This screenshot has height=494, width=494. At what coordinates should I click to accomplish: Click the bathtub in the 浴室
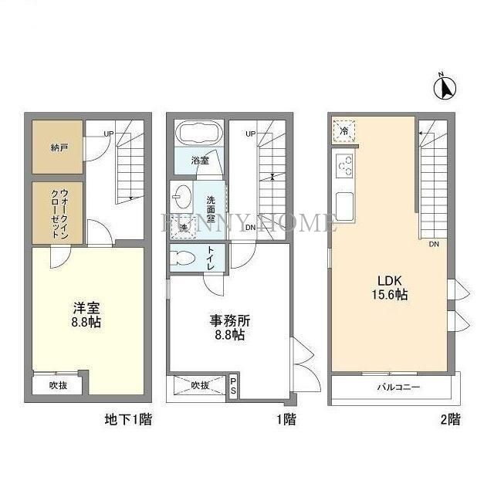[x=199, y=133]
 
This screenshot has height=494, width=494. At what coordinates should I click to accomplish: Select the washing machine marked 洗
[x=184, y=228]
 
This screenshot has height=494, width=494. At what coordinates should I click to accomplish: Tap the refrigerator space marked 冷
[x=344, y=132]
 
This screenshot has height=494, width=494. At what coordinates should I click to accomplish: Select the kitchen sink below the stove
[x=344, y=205]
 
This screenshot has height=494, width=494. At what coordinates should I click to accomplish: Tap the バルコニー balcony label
[x=398, y=387]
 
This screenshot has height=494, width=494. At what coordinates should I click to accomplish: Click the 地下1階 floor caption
[x=127, y=421]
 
